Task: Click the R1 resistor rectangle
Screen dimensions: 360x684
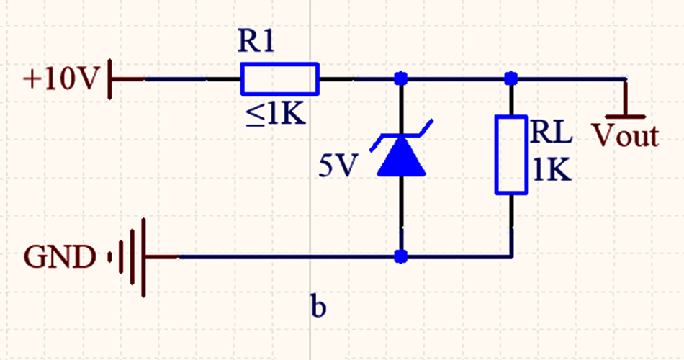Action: click(279, 78)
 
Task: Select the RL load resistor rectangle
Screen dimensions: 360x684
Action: click(511, 153)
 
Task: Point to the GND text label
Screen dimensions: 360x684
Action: click(59, 256)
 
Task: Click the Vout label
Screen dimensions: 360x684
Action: click(625, 135)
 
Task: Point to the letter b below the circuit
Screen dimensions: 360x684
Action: click(318, 306)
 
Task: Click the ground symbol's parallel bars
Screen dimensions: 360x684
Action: click(133, 256)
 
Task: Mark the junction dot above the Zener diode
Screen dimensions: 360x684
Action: click(402, 78)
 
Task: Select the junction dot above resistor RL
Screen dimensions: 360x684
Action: click(511, 78)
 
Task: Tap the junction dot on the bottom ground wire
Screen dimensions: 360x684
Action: click(402, 256)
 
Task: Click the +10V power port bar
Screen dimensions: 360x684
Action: click(110, 78)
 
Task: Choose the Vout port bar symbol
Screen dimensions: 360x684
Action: click(625, 115)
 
